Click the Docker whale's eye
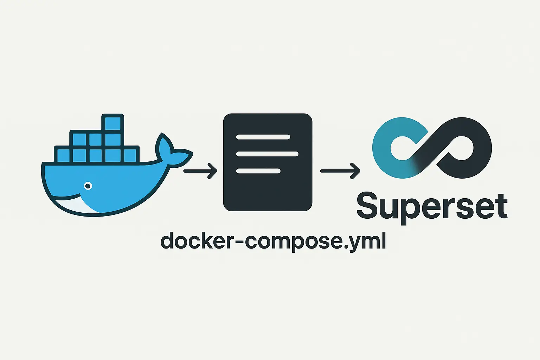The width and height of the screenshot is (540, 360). (88, 186)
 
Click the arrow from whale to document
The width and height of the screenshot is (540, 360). (200, 171)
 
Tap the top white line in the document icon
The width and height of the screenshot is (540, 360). (263, 137)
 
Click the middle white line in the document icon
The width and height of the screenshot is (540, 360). (267, 154)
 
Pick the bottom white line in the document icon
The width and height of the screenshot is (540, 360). (258, 171)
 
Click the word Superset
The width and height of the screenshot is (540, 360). (432, 206)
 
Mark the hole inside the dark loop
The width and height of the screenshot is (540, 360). (461, 148)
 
